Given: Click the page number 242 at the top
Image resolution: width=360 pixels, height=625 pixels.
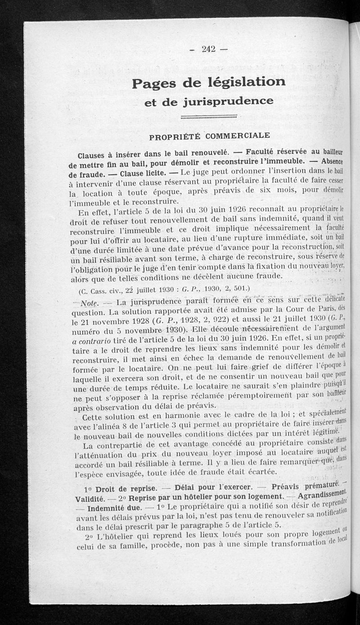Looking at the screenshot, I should click(208, 49).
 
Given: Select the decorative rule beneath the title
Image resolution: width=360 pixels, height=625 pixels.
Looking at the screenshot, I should click(208, 117).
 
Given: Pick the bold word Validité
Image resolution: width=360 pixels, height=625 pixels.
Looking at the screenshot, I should click(90, 499).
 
